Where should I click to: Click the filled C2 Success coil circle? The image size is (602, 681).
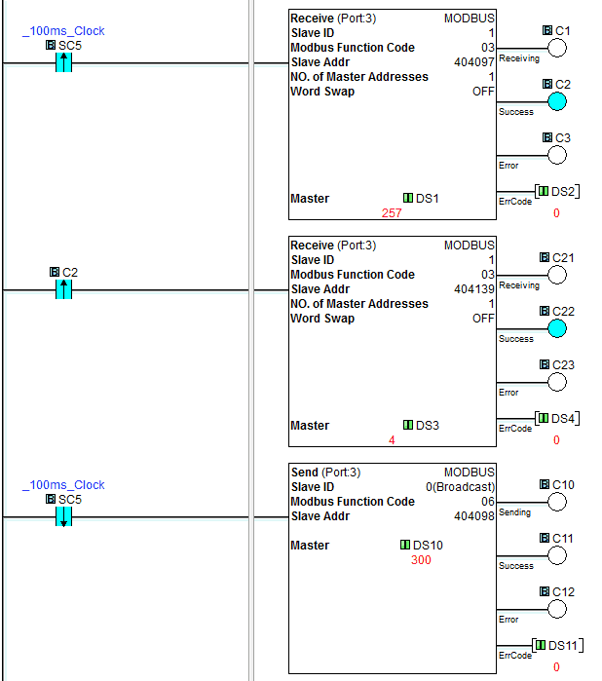[x=557, y=101]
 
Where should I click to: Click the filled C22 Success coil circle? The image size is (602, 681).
[x=557, y=328]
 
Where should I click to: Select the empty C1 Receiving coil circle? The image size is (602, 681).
[x=557, y=48]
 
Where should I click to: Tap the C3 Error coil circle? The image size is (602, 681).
[x=557, y=155]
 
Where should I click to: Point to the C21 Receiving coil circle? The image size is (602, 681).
[x=557, y=275]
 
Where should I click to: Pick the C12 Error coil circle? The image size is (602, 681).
[x=557, y=609]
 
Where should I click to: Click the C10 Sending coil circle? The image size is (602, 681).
[x=557, y=502]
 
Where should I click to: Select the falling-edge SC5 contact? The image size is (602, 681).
[x=64, y=516]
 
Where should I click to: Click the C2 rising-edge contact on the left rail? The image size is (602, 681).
[x=64, y=289]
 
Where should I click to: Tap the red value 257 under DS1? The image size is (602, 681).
[x=392, y=213]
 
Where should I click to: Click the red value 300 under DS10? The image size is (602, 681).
[x=421, y=560]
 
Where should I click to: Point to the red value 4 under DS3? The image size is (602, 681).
[x=392, y=440]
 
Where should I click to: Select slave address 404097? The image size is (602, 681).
[x=474, y=62]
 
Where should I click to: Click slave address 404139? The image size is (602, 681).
[x=474, y=289]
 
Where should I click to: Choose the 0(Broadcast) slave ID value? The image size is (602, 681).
[x=461, y=487]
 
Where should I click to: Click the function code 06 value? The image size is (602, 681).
[x=488, y=502]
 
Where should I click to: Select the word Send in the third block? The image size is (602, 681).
[x=305, y=473]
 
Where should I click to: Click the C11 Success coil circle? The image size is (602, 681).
[x=557, y=555]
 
